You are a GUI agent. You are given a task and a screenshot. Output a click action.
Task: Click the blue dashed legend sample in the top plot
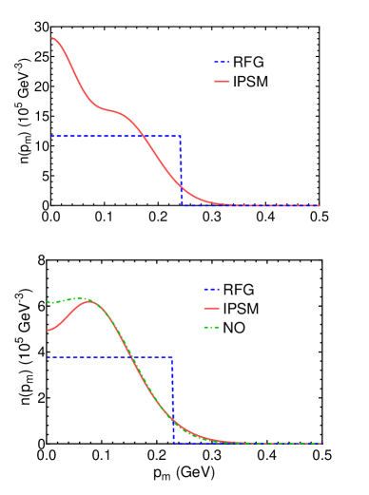[222, 63]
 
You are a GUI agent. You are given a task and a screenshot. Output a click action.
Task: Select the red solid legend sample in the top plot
[222, 82]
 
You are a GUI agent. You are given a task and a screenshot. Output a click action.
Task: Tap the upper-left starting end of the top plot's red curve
[52, 38]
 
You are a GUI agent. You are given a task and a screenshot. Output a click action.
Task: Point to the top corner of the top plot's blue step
[181, 136]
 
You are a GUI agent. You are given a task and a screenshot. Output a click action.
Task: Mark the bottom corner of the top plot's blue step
[182, 204]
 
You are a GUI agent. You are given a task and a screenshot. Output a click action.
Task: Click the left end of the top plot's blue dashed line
[52, 136]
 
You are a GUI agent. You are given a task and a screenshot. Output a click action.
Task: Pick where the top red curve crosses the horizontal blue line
[145, 136]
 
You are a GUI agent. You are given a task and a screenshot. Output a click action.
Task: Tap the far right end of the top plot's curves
[320, 205]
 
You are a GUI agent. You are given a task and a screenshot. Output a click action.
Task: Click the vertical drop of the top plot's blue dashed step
[181, 171]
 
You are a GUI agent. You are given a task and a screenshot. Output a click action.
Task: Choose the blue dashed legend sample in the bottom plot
[211, 290]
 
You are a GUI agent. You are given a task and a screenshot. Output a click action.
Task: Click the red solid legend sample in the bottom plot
[211, 309]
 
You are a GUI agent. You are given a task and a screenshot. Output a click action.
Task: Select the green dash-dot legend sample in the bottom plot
[211, 328]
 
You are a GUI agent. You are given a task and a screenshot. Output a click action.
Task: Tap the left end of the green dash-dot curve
[49, 302]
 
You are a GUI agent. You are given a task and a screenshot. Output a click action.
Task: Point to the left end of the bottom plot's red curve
[49, 331]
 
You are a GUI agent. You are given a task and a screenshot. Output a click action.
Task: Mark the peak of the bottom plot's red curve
[89, 302]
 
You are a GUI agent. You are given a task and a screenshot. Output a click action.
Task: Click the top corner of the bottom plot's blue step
[172, 358]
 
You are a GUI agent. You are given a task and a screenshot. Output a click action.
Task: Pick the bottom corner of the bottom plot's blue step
[173, 443]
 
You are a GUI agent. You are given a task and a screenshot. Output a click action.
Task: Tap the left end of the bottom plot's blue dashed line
[49, 358]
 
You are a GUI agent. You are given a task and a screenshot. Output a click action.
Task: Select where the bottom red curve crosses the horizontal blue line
[130, 358]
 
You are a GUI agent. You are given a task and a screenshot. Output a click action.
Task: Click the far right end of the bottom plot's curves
[321, 444]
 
